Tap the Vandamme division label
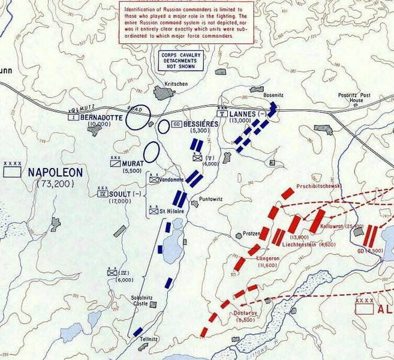(172, 179)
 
